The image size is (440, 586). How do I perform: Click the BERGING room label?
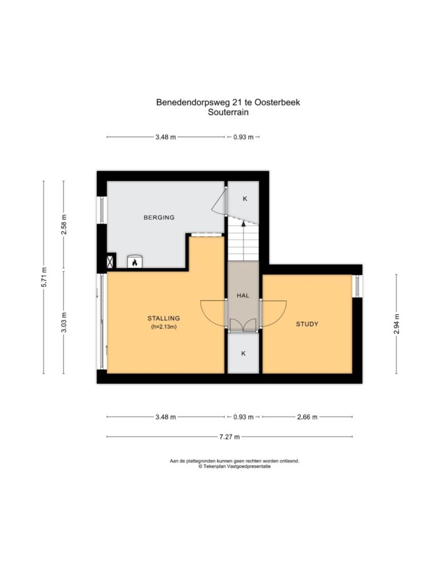point(159,217)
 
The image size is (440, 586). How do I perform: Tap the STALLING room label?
point(163,318)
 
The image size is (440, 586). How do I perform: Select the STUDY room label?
point(307,324)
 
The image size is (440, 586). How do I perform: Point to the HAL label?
point(243,296)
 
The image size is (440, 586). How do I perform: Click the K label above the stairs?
point(245,199)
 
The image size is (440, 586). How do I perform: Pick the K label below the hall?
point(243,354)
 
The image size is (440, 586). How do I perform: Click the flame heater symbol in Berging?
point(135,262)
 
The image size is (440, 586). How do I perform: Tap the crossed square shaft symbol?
point(111,260)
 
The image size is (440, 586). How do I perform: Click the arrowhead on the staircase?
point(243,224)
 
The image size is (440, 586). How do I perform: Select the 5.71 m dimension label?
point(44,278)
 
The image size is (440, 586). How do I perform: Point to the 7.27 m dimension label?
point(229,437)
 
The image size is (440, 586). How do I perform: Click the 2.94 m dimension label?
point(396,324)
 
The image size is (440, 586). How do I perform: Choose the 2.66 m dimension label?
point(307,417)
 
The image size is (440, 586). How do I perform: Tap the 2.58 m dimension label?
point(64,224)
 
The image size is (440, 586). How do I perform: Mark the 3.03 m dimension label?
point(64,322)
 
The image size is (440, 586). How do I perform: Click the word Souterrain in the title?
point(228,112)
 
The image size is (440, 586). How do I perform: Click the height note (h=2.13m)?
point(163,327)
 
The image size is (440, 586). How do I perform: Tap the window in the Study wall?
point(357,286)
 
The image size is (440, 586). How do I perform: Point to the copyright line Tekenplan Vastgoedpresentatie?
point(234,466)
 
